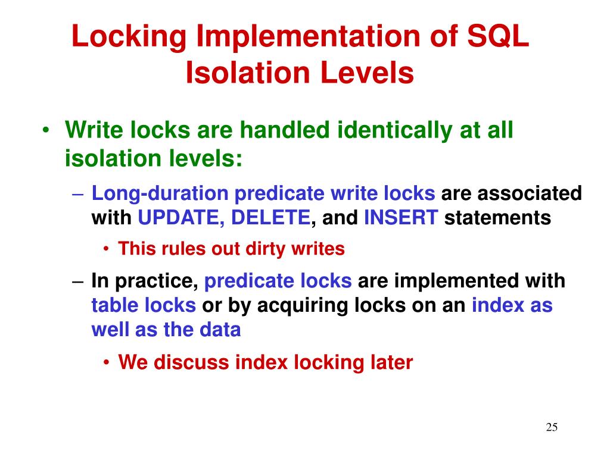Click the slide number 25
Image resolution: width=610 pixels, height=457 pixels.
[x=552, y=427]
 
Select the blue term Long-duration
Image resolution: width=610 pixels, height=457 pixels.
[x=160, y=193]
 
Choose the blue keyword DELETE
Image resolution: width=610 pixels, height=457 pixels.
[x=271, y=218]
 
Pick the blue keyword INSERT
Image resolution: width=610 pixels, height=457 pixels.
[x=401, y=218]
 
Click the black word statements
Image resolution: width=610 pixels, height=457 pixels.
[x=498, y=218]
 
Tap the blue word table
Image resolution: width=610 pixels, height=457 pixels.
[x=115, y=305]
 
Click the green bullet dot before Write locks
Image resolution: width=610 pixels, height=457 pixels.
[x=47, y=130]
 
